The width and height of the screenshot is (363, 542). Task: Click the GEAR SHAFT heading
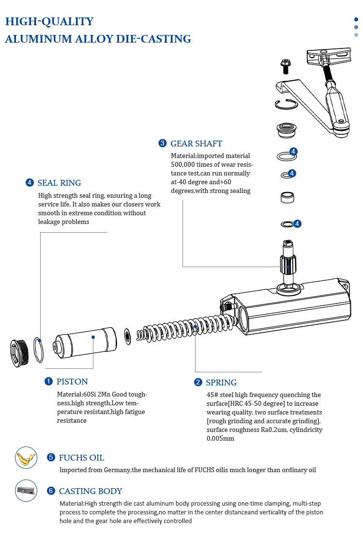pos(197,143)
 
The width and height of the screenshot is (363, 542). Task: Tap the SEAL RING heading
pos(60,183)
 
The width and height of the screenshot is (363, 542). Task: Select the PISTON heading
pos(72,382)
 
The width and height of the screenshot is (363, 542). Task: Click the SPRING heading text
pos(221,383)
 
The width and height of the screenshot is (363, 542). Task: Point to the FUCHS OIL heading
pos(81,458)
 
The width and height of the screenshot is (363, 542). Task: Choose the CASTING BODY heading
pos(91,491)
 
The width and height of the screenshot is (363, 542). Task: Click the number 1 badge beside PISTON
pos(49,381)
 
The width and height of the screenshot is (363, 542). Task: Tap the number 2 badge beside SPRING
pos(198,382)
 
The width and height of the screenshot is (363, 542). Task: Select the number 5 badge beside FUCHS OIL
pos(51,457)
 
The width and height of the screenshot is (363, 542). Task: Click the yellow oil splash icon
pos(26,458)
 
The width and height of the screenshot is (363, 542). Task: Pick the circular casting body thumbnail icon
pos(26,491)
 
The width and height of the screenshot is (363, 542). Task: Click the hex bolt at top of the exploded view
pos(286,66)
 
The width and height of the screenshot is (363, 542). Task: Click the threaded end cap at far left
pos(19,353)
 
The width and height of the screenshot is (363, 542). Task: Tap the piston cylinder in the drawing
pos(85,343)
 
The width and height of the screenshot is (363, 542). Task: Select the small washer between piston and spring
pos(127,336)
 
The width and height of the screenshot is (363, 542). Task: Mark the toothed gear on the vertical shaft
pos(288,265)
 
